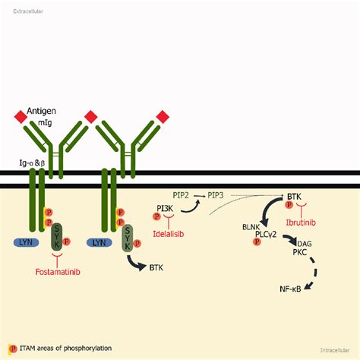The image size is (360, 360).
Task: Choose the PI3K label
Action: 165,208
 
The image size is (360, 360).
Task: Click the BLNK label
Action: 251,227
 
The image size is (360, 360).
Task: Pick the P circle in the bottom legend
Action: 13,349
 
